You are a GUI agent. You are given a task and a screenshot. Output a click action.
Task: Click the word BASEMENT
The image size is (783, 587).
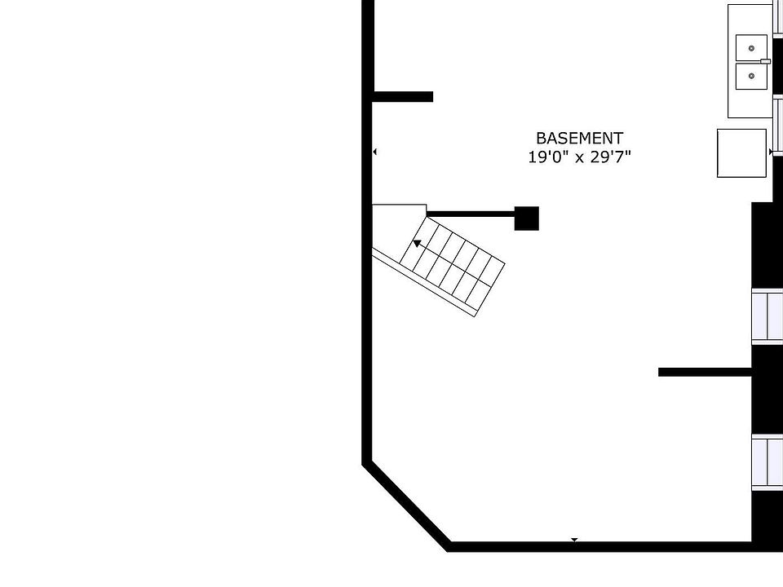coord(579,139)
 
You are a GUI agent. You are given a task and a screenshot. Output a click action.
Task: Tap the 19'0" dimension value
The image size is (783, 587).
coord(548,157)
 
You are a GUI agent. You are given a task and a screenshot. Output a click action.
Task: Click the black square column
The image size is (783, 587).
coord(526,218)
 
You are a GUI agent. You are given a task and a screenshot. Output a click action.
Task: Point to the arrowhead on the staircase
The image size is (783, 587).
coord(417,242)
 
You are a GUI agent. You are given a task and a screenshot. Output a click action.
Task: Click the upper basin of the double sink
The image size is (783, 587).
coord(751,47)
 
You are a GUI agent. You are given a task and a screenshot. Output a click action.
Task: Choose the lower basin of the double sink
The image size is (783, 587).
coord(751,76)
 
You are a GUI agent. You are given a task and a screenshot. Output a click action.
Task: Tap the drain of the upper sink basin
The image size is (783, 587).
coord(751,47)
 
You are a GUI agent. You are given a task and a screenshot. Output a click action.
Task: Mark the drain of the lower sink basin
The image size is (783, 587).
coord(751,76)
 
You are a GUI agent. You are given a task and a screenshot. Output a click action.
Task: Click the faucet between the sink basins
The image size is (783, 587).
coord(765,61)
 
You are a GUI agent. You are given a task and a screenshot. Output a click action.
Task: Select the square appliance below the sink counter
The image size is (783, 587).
coord(741,152)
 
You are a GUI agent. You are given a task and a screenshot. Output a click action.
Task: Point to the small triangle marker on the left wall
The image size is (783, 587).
coord(375,152)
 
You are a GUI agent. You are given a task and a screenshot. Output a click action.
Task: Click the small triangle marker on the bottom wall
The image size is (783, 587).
coord(574,540)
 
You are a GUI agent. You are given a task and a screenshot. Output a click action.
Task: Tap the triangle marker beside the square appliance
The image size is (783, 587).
coord(771,152)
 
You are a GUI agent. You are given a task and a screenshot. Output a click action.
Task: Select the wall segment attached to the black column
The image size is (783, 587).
coord(471,214)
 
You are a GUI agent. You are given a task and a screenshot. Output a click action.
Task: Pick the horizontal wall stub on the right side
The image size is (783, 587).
coord(705,373)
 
